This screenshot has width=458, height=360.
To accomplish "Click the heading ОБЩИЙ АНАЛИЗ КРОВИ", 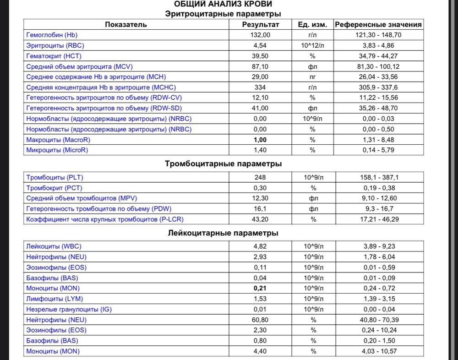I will pyautogui.click(x=223, y=5).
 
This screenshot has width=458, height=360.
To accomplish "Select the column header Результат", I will pyautogui.click(x=260, y=25).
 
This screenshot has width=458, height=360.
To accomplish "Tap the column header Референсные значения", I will pyautogui.click(x=378, y=25).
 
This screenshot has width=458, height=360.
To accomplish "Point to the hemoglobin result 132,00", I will pyautogui.click(x=260, y=35).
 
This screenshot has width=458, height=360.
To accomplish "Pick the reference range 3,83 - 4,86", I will pyautogui.click(x=378, y=45).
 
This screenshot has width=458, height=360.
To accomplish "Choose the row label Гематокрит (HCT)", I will pyautogui.click(x=55, y=56).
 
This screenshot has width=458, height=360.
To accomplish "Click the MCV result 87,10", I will pyautogui.click(x=260, y=66).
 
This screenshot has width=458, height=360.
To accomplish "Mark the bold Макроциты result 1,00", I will pyautogui.click(x=260, y=140).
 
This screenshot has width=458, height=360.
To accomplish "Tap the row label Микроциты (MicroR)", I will pyautogui.click(x=57, y=150).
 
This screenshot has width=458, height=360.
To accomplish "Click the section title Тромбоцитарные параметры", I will pyautogui.click(x=223, y=164).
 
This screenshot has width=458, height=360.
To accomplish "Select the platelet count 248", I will pyautogui.click(x=260, y=177).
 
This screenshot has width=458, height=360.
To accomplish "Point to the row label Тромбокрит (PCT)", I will pyautogui.click(x=55, y=188).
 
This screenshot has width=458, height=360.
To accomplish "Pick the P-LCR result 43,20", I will pyautogui.click(x=260, y=219).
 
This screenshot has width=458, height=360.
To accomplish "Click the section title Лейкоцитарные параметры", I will pyautogui.click(x=223, y=233).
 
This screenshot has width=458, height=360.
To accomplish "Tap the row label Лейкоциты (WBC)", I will pyautogui.click(x=54, y=246).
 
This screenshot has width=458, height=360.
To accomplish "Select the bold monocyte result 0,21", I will pyautogui.click(x=260, y=289).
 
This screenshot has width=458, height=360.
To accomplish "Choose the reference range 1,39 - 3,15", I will pyautogui.click(x=378, y=299).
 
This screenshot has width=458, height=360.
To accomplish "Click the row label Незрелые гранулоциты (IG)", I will pyautogui.click(x=69, y=310).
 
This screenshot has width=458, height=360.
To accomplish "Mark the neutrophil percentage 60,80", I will pyautogui.click(x=260, y=320).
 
